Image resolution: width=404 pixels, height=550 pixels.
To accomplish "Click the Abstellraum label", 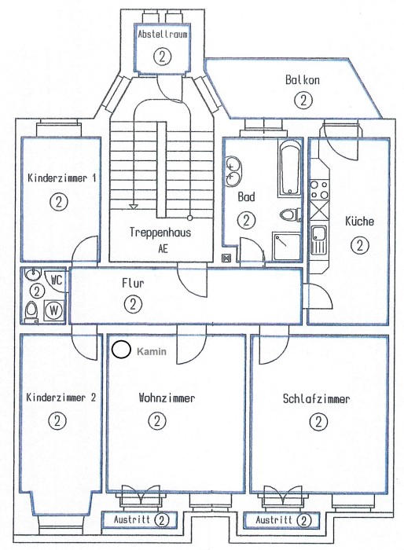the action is pyautogui.click(x=162, y=35).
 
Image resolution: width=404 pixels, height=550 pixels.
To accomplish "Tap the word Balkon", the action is pyautogui.click(x=302, y=79).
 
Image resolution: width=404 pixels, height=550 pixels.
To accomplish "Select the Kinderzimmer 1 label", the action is pyautogui.click(x=62, y=178).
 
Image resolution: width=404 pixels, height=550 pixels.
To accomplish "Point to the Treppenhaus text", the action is pyautogui.click(x=160, y=233).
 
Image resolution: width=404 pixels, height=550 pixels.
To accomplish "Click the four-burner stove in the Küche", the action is pyautogui.click(x=318, y=190).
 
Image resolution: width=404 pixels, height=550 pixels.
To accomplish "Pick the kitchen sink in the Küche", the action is pyautogui.click(x=318, y=239).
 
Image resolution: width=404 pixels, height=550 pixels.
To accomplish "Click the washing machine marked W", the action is pyautogui.click(x=54, y=310).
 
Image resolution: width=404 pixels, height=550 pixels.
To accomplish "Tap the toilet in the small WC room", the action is pyautogui.click(x=31, y=311).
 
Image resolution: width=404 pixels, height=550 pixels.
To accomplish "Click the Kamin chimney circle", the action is pyautogui.click(x=122, y=350).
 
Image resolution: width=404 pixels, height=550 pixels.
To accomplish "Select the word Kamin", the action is pyautogui.click(x=152, y=351).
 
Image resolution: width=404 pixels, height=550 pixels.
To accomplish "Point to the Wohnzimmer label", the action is pyautogui.click(x=167, y=398).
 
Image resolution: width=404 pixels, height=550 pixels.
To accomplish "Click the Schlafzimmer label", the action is pyautogui.click(x=316, y=399).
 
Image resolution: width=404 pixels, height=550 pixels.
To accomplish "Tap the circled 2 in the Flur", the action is pyautogui.click(x=133, y=304).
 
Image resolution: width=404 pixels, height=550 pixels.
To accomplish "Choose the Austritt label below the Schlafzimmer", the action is pyautogui.click(x=274, y=519).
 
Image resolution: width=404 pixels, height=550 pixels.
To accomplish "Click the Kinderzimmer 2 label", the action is pyautogui.click(x=61, y=398).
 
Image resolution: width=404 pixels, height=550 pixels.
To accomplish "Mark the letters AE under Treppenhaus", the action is pyautogui.click(x=163, y=249).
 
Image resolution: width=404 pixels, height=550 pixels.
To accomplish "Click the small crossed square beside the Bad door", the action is pyautogui.click(x=226, y=258).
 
